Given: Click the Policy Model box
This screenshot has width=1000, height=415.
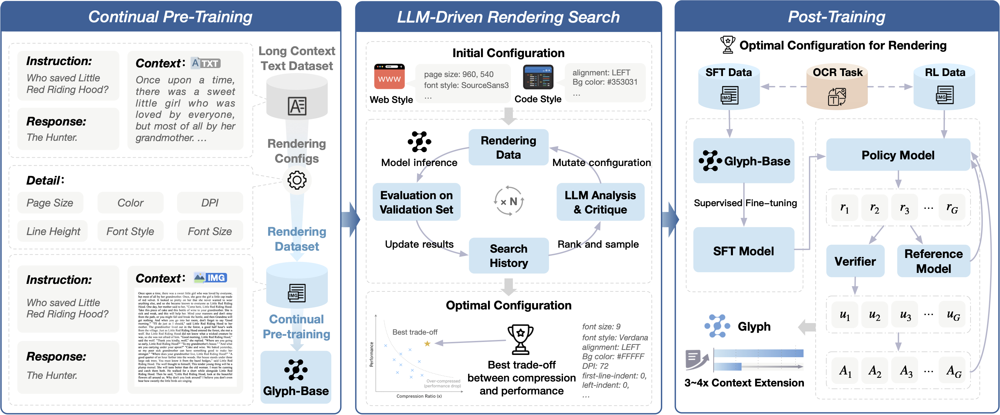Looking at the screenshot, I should tap(897, 155).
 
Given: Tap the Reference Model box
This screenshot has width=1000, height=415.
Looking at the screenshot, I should tap(933, 261).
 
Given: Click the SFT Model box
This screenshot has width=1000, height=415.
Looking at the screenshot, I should tap(744, 251).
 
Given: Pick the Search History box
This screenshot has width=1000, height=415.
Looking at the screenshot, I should tap(509, 256).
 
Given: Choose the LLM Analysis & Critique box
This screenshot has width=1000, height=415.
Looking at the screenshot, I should tap(600, 202).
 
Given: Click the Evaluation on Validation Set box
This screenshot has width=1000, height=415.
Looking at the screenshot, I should tap(416, 202).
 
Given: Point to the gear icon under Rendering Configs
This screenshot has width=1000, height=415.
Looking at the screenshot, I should tap(297, 180).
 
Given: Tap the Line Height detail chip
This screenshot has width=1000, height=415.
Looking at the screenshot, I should tap(53, 231).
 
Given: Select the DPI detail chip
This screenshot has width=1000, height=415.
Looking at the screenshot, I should tap(210, 203).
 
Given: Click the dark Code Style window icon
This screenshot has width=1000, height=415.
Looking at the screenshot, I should tap(538, 78).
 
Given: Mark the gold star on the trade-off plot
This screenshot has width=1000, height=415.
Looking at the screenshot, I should tap(427, 344).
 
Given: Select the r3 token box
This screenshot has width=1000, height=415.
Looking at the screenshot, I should tap(904, 209).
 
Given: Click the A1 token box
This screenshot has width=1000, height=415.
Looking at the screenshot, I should tap(845, 371).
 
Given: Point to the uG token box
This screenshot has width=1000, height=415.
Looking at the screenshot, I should tap(953, 315).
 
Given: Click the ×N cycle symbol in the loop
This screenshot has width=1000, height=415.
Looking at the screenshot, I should tap(509, 201).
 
